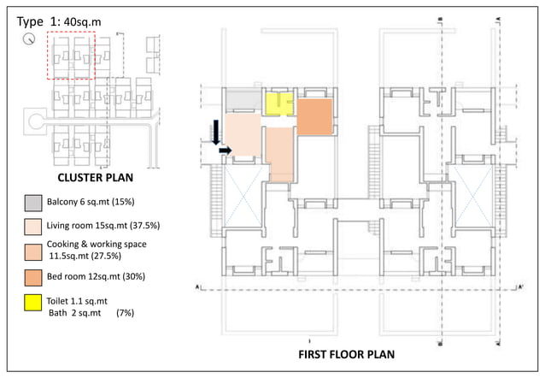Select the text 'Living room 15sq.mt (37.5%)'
(110, 226)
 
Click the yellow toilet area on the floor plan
(277, 103)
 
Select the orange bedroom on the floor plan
(314, 116)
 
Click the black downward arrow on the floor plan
(216, 130)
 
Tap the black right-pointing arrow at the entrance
(224, 151)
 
